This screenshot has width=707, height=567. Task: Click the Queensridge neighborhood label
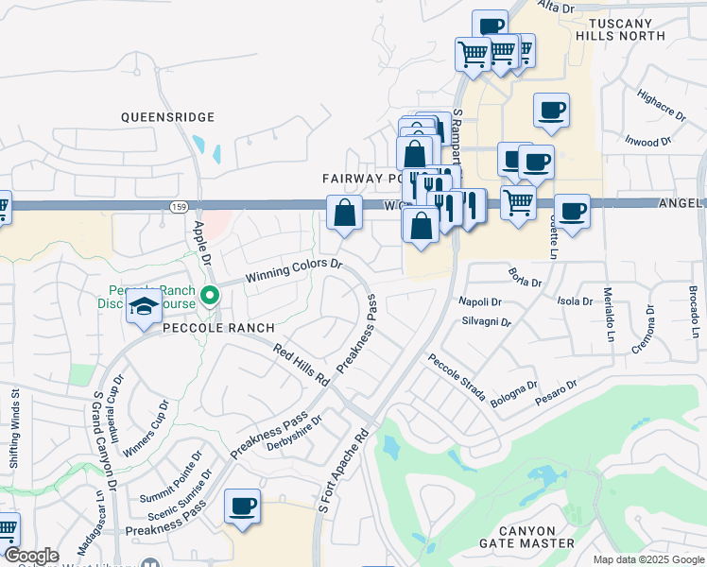click(167, 117)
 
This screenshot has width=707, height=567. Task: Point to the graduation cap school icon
click(144, 308)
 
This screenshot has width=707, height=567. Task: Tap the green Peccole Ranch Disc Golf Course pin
click(211, 294)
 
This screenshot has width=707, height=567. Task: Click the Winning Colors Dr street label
click(293, 270)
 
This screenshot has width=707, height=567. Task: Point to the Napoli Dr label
click(480, 301)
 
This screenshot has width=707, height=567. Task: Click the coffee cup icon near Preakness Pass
click(242, 505)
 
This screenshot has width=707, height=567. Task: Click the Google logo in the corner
click(30, 556)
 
